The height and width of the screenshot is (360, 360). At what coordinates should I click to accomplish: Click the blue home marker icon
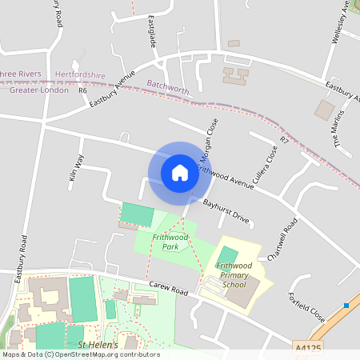(180, 172)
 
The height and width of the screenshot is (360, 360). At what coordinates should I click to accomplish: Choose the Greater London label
(38, 90)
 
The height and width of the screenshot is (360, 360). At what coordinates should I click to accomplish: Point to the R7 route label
(284, 140)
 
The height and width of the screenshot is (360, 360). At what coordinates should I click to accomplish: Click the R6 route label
(82, 90)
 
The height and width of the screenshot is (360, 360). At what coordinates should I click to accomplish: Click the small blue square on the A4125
(346, 305)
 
